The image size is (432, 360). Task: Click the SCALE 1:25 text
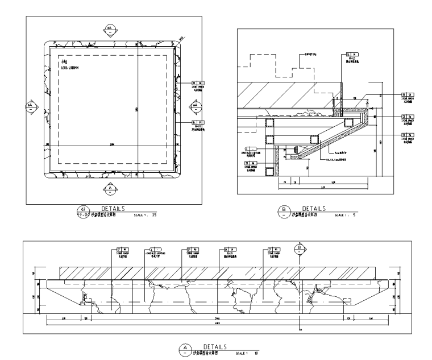click(x=145, y=216)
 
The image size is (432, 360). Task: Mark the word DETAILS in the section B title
click(x=313, y=209)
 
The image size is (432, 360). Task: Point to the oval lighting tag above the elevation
click(x=152, y=250)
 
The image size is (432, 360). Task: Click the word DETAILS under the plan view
click(x=114, y=209)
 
